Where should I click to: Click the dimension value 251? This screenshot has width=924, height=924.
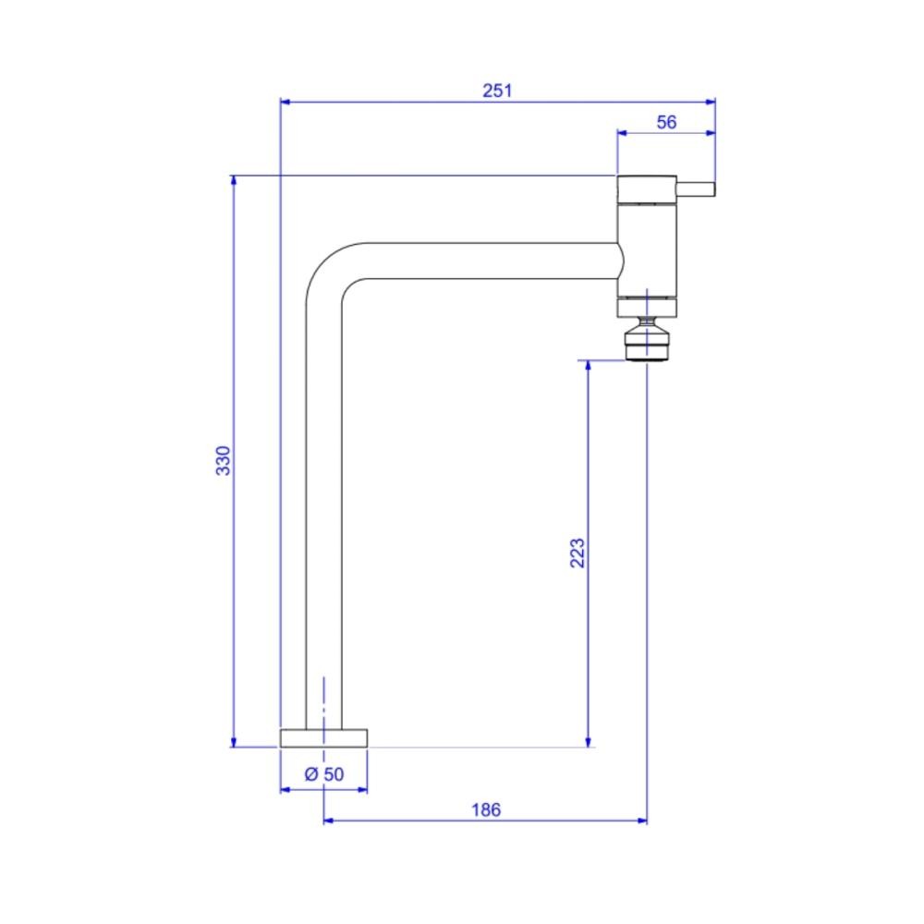[x=497, y=91]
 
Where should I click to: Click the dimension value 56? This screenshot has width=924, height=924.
[x=666, y=123]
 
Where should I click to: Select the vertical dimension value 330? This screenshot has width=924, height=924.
[x=224, y=461]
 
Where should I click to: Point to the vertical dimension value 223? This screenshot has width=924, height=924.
[x=577, y=553]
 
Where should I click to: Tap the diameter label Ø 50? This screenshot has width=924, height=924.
[x=324, y=774]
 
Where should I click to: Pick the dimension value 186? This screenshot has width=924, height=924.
[x=486, y=810]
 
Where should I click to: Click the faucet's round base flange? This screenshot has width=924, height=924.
[x=323, y=738]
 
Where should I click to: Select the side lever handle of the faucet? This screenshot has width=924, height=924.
[x=696, y=189]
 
